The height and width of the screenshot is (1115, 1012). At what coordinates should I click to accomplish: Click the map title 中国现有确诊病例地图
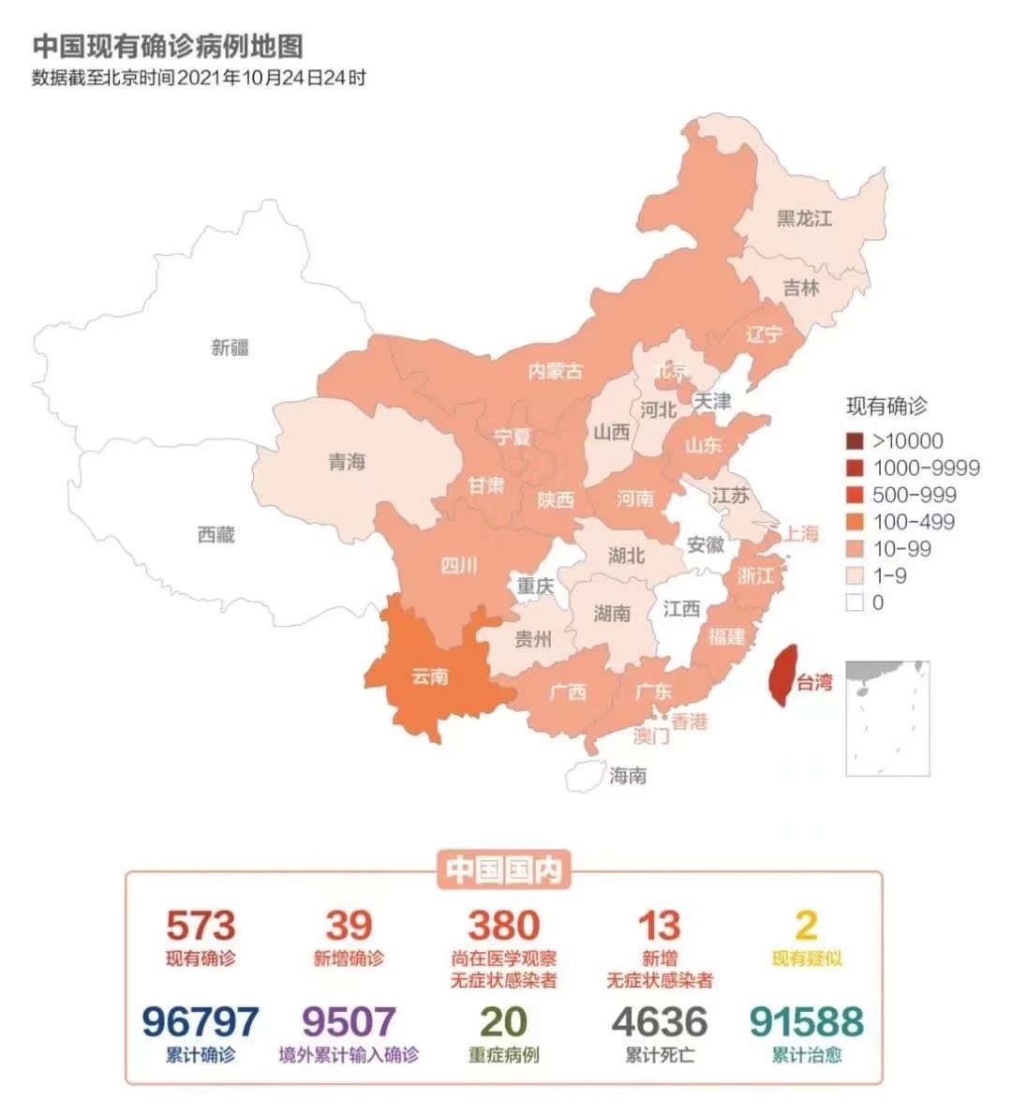point(168,46)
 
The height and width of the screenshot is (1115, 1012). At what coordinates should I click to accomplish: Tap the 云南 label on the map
point(430,676)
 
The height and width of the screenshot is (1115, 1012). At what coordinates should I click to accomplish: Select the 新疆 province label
point(231,348)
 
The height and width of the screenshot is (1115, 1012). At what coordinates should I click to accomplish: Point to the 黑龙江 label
point(804,219)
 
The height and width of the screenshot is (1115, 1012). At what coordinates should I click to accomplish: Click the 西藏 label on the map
point(216,535)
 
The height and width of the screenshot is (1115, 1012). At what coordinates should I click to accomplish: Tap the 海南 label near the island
point(627,776)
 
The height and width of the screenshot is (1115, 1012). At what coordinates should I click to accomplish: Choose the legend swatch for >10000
point(854,441)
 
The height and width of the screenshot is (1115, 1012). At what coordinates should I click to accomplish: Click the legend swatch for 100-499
point(854,522)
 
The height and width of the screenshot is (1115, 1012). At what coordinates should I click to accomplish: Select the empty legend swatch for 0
point(854,602)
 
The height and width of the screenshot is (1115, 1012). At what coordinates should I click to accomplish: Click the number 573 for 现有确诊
point(201,926)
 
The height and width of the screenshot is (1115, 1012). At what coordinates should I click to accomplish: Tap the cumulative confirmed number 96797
point(201,1022)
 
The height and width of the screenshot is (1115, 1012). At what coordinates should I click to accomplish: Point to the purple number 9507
point(349,1022)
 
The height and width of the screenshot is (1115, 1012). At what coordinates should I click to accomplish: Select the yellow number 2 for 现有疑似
point(806,926)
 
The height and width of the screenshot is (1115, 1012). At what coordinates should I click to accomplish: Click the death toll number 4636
point(660,1022)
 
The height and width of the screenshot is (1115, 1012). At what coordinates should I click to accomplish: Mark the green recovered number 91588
point(806,1022)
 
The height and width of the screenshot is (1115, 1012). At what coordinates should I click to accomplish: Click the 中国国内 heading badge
point(503,870)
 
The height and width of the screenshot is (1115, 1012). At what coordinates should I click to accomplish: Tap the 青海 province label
point(347,462)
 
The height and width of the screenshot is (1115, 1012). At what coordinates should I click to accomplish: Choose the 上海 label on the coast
point(801,533)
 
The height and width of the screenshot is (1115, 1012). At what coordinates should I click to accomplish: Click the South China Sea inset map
point(887,718)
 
